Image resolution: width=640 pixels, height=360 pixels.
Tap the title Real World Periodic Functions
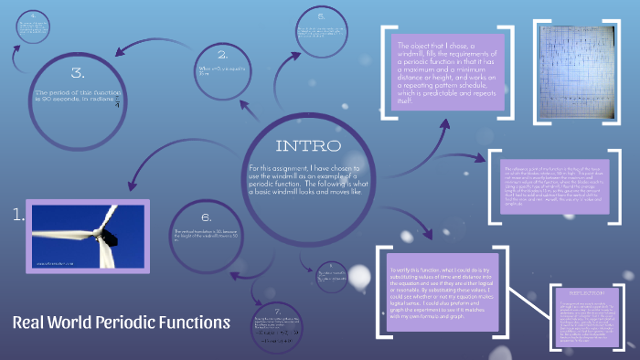tap(121, 322)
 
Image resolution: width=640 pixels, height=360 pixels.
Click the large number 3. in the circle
tap(78, 72)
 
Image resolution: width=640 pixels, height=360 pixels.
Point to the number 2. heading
tap(222, 54)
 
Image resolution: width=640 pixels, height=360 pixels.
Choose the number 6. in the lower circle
tap(206, 217)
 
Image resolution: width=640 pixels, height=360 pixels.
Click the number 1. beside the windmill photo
tap(18, 216)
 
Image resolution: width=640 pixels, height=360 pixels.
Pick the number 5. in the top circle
tap(321, 16)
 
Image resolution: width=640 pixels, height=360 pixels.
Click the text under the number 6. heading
tap(206, 236)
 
